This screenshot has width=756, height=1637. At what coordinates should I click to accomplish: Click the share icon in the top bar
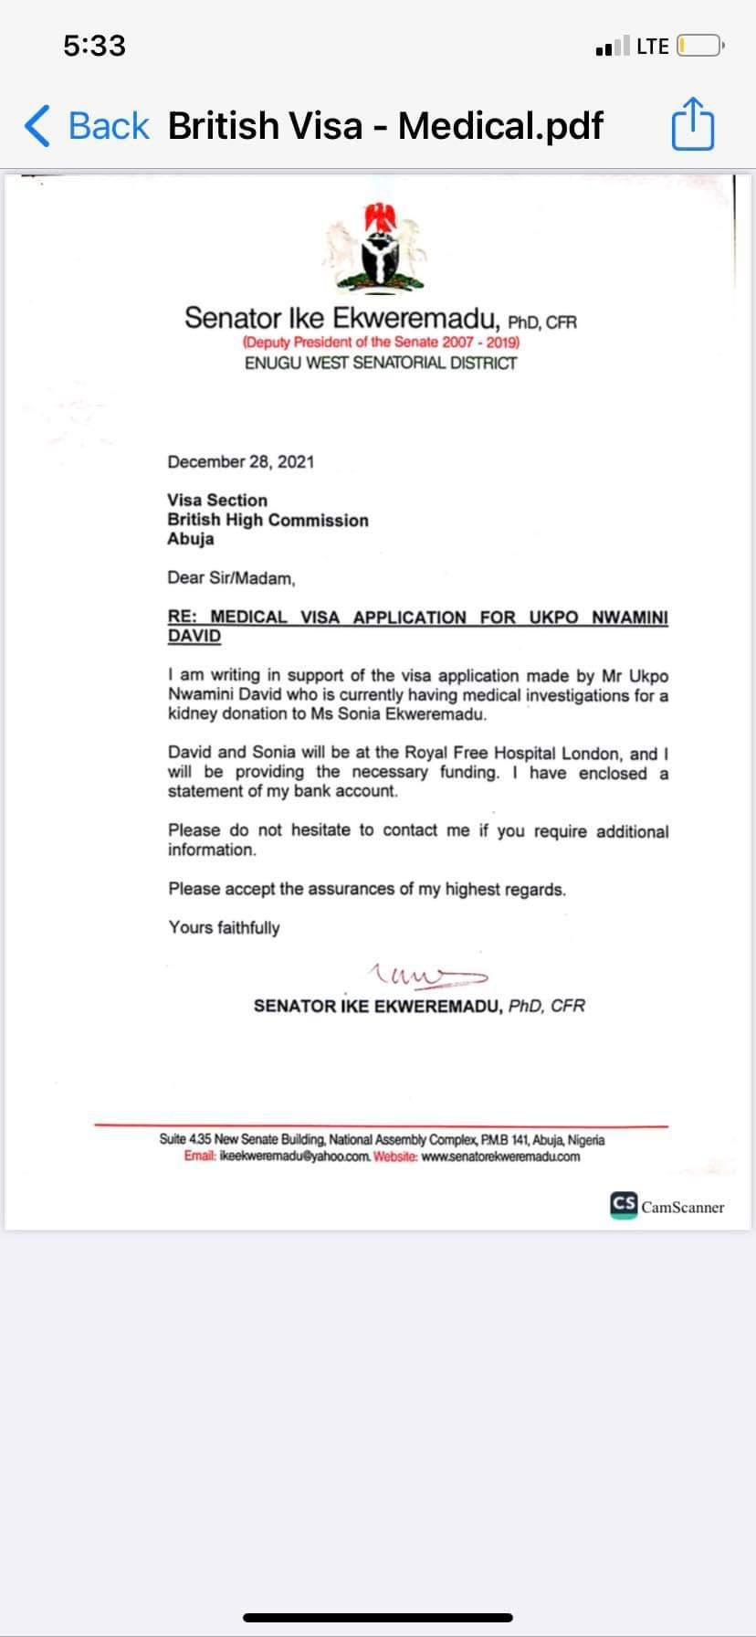point(692,125)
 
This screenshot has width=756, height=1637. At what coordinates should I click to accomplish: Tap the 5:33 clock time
point(94,46)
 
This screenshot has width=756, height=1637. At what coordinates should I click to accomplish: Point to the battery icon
point(700,46)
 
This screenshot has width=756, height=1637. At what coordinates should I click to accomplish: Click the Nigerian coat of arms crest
point(375,247)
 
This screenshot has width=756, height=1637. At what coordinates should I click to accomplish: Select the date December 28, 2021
point(241,461)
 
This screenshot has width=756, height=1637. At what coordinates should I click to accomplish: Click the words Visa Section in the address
point(217,500)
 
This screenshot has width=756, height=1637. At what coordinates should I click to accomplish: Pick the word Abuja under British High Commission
point(191,539)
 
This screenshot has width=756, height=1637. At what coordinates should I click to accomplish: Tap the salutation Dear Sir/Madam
point(231,578)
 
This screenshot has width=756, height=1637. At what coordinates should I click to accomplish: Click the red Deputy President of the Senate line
point(381,342)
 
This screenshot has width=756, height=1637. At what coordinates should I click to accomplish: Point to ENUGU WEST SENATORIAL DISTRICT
point(381,363)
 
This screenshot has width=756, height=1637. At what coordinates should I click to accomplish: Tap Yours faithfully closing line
point(224,928)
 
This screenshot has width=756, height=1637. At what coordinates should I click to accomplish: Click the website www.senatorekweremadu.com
point(500,1156)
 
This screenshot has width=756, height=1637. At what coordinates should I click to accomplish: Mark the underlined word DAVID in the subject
point(194,636)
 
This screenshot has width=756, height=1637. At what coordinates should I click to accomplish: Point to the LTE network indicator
point(652,46)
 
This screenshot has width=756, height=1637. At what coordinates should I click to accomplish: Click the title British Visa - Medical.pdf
point(385,126)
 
